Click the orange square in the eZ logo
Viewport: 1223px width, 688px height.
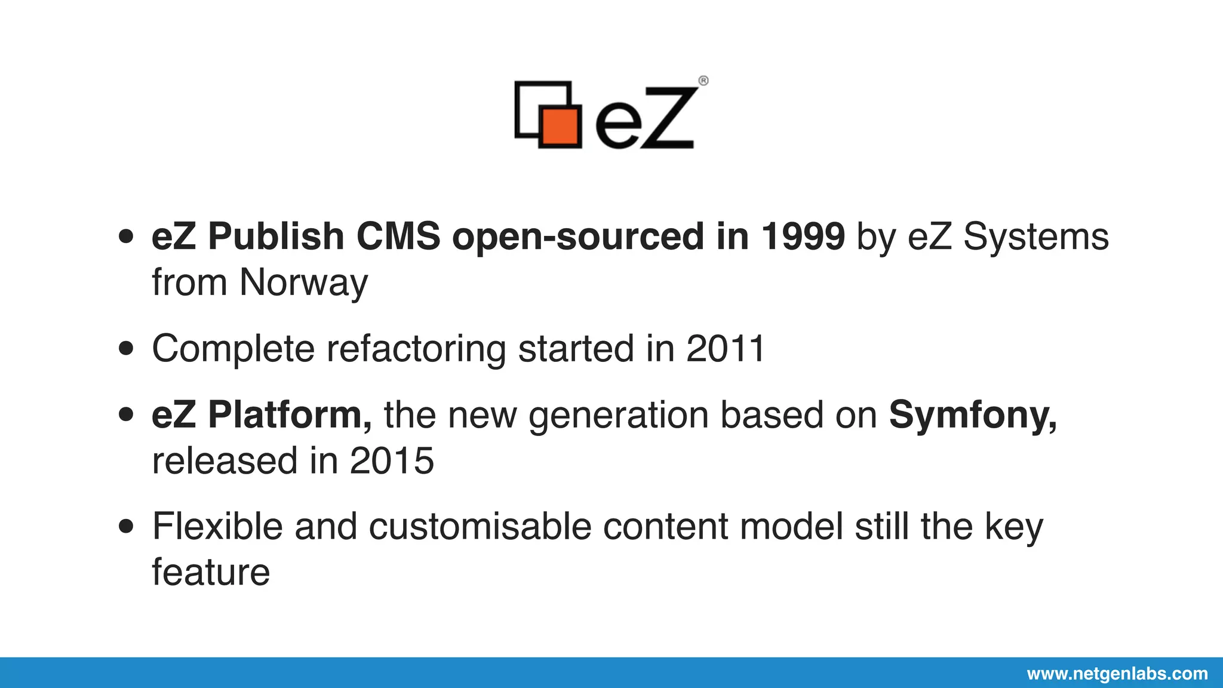(x=561, y=127)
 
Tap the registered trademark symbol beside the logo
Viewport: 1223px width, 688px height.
(x=703, y=81)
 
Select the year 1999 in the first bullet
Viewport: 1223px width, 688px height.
(x=803, y=236)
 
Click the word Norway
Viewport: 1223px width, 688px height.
(x=303, y=282)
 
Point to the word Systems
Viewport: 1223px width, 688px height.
(x=1035, y=236)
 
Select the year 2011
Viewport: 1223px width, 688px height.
(x=725, y=349)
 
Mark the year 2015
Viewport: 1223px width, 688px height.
(x=392, y=461)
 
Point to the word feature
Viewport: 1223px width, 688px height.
(x=211, y=572)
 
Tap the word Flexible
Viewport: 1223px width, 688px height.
(x=217, y=527)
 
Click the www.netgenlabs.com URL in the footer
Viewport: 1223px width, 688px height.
(x=1117, y=674)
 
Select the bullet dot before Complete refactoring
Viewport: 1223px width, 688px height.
(x=126, y=348)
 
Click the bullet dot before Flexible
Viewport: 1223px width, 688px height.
(x=126, y=527)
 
